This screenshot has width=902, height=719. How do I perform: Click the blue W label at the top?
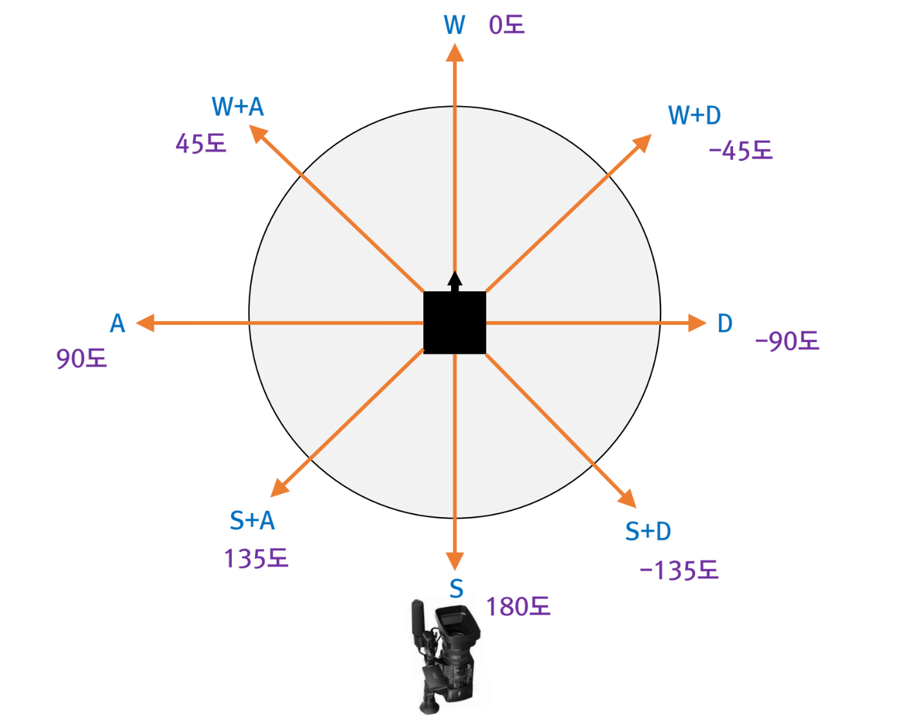pos(454,25)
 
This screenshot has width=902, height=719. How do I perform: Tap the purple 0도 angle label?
pos(507,25)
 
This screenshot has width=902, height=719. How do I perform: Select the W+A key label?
pos(238,107)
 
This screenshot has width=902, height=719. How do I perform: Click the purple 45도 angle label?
pos(201,143)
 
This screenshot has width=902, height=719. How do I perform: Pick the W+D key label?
pos(694,115)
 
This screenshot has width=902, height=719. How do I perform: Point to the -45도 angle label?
pos(740,150)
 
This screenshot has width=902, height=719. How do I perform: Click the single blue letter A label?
pos(118,323)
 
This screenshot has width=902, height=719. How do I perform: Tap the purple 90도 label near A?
pos(82,359)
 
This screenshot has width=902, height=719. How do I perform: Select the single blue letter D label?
pos(725,323)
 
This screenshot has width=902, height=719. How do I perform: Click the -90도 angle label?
pos(787,341)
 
